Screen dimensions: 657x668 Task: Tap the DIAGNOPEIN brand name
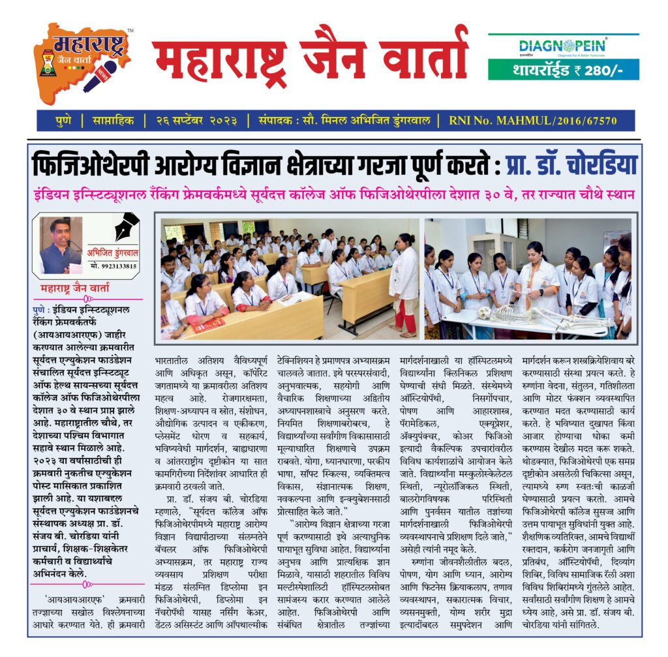click(563, 46)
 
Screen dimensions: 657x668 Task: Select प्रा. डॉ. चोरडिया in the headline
click(571, 166)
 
